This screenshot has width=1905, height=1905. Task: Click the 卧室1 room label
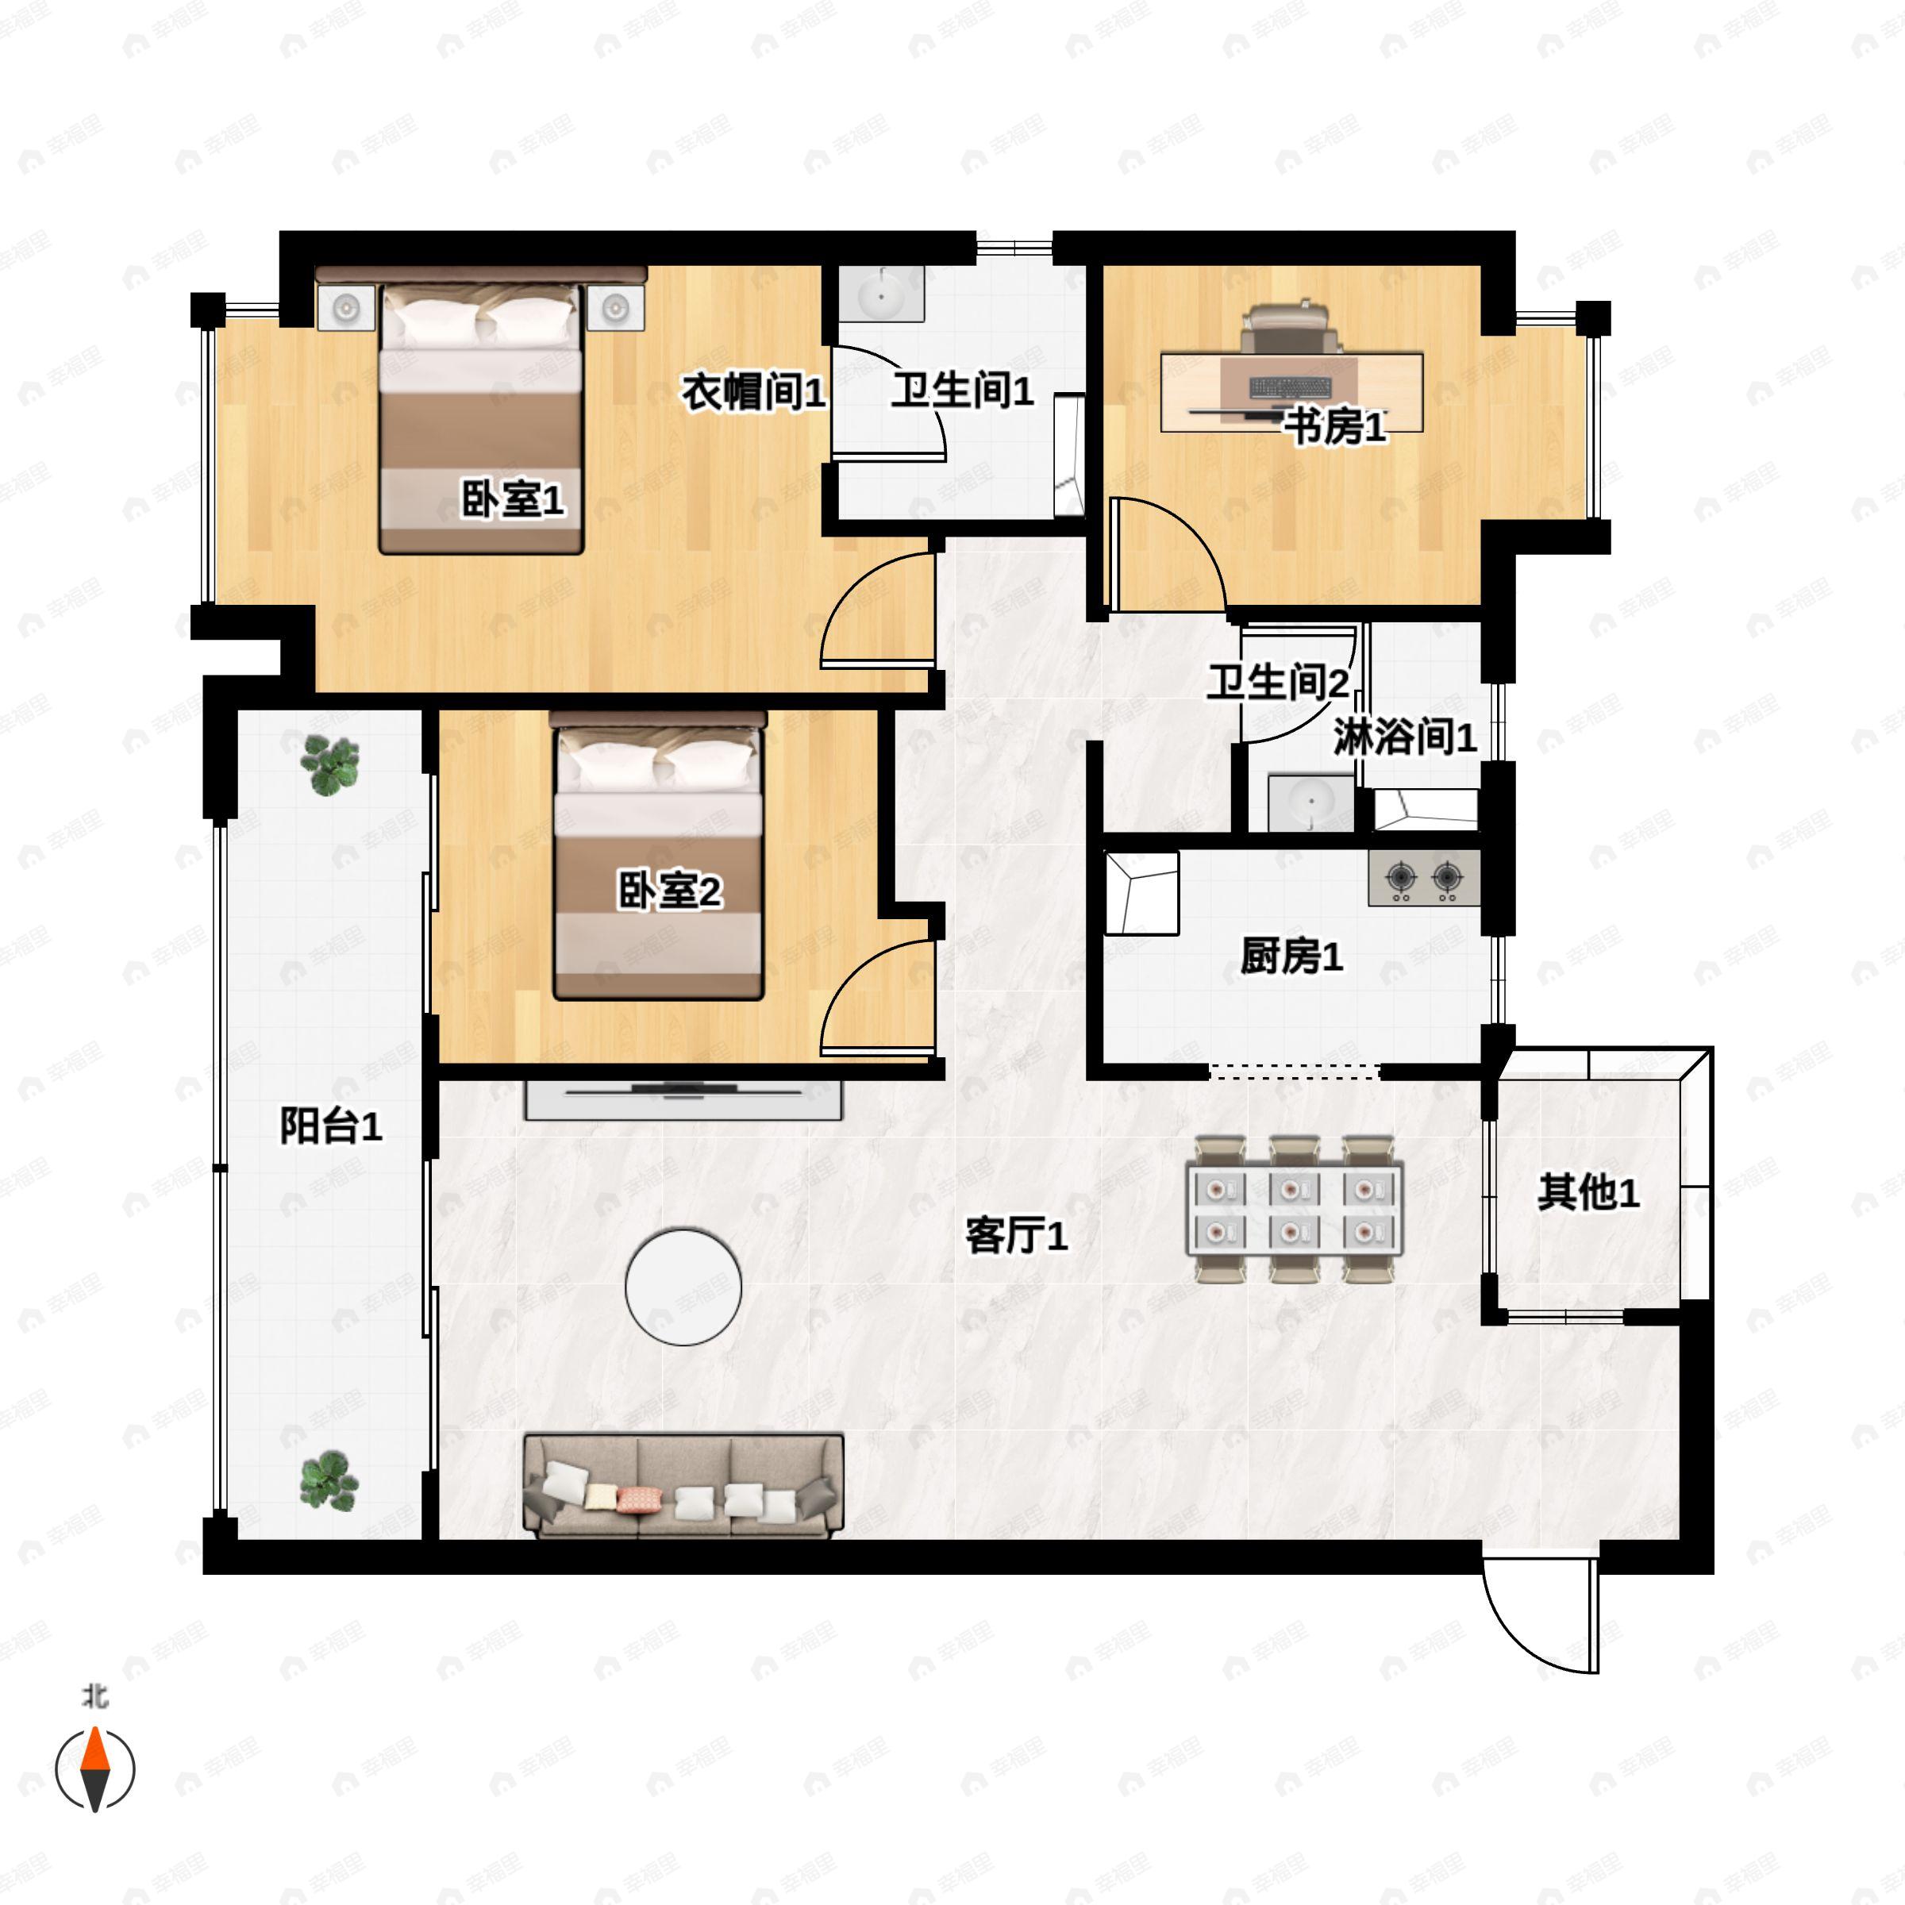tap(513, 500)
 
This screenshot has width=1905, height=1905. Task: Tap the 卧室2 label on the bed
tap(669, 891)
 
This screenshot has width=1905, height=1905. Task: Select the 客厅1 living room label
tap(1016, 1234)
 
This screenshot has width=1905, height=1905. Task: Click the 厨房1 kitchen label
tap(1291, 956)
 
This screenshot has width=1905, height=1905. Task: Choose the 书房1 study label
tap(1335, 427)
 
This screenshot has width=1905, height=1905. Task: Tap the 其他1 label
tap(1587, 1192)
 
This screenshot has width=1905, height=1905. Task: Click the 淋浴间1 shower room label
tap(1404, 737)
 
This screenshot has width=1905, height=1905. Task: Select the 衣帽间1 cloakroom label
tap(753, 392)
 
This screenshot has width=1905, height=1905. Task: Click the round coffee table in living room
tap(683, 1286)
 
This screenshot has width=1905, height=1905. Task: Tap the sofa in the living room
tap(683, 1486)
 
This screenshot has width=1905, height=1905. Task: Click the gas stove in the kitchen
tap(1423, 878)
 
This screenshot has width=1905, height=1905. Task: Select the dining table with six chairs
tap(1295, 1209)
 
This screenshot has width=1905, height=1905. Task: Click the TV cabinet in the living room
tap(683, 1099)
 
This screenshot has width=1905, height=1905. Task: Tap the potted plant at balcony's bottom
tap(329, 1480)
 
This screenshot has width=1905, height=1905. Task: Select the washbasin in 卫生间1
tap(880, 293)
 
